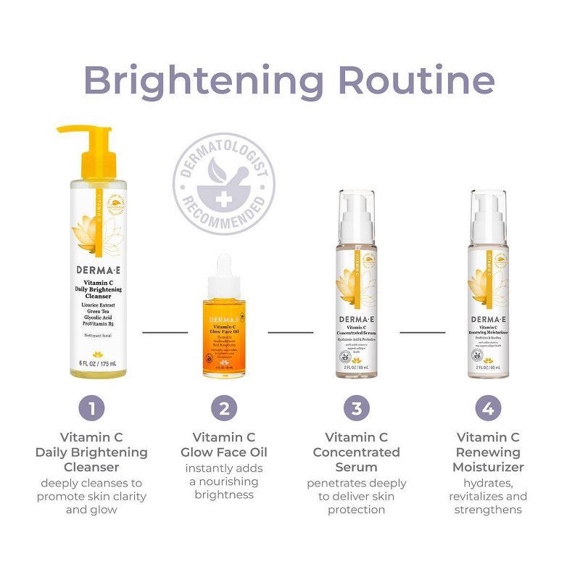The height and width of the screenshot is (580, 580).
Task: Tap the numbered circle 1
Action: click(91, 407)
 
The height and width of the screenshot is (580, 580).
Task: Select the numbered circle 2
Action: click(224, 407)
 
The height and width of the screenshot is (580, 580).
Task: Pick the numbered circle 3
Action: click(356, 407)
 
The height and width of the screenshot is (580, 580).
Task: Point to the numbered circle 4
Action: click(488, 407)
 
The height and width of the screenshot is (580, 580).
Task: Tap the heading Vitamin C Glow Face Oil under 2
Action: click(224, 445)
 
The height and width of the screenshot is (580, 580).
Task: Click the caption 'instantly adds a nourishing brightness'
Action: click(224, 481)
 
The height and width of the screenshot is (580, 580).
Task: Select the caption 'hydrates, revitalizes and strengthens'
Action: click(488, 496)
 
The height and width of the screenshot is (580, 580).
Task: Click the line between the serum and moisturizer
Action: click(423, 333)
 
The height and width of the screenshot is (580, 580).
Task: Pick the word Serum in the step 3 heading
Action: click(356, 467)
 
